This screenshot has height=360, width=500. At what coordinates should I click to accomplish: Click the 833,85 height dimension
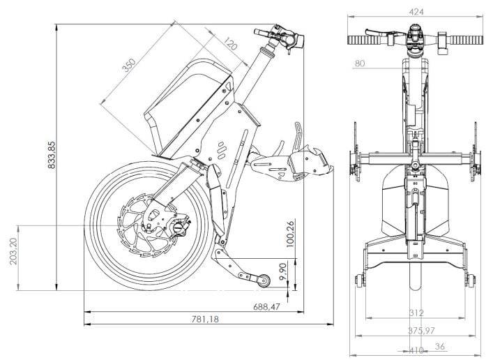coord(51,155)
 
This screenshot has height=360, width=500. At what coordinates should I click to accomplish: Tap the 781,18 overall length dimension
coord(205,319)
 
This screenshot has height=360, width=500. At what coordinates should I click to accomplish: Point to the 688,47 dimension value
coord(266,307)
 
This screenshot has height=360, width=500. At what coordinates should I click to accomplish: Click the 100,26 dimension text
coord(290,234)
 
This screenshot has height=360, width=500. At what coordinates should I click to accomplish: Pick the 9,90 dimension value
coord(283,271)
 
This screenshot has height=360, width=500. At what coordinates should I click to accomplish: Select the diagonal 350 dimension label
coord(130,65)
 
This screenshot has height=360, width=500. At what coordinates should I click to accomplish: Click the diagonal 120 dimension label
coord(230,44)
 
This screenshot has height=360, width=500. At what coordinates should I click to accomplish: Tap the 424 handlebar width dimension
coord(416,12)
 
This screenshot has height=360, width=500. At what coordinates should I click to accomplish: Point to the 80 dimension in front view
coord(360,63)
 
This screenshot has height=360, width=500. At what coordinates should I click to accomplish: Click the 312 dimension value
coord(416,313)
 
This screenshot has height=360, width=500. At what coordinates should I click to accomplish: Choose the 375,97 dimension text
coord(421,331)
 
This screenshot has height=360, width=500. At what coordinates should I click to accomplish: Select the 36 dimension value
coord(440,346)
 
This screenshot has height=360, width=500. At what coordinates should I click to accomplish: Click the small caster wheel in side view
coord(264,281)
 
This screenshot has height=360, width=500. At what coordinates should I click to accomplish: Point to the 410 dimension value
coord(416,350)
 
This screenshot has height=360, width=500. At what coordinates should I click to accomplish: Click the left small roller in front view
coord(360,280)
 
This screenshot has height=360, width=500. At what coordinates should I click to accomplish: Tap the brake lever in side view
coord(265,32)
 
